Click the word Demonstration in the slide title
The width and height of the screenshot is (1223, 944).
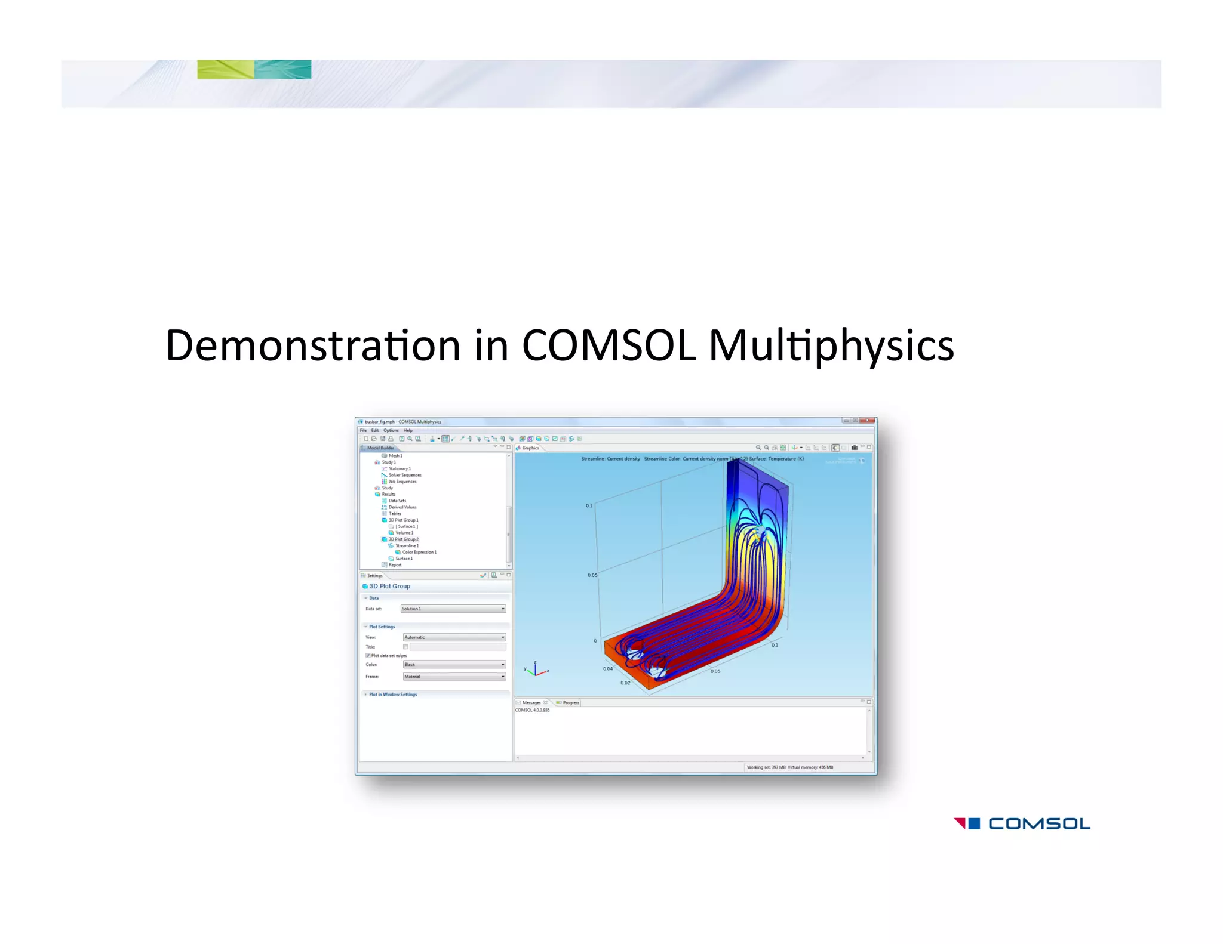tap(312, 345)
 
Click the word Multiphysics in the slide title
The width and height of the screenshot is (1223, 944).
tap(831, 345)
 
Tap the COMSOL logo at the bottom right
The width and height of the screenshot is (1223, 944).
tap(1022, 824)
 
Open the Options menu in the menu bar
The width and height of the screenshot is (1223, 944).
tap(391, 430)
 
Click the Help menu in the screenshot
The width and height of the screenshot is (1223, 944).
tap(408, 430)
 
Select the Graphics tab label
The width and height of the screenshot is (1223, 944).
tap(530, 448)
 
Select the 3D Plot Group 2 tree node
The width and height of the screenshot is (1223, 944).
tap(403, 539)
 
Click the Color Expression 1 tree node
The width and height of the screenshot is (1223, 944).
tap(419, 552)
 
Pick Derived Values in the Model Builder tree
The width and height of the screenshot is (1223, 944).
tap(402, 507)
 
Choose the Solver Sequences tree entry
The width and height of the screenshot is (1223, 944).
tap(405, 475)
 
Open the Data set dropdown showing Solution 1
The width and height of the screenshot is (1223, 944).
tap(453, 609)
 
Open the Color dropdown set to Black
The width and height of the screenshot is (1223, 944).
tap(454, 664)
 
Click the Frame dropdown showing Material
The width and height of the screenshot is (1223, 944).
tap(454, 677)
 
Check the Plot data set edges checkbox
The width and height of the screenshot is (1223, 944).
tap(368, 655)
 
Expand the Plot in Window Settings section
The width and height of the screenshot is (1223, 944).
tap(392, 695)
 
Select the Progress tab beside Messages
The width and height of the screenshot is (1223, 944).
tap(570, 702)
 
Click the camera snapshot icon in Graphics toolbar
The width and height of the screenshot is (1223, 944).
tap(855, 448)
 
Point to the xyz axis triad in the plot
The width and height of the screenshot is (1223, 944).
tap(536, 670)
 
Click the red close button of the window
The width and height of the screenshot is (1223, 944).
tap(867, 421)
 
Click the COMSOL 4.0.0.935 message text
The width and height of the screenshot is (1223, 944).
tap(532, 710)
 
